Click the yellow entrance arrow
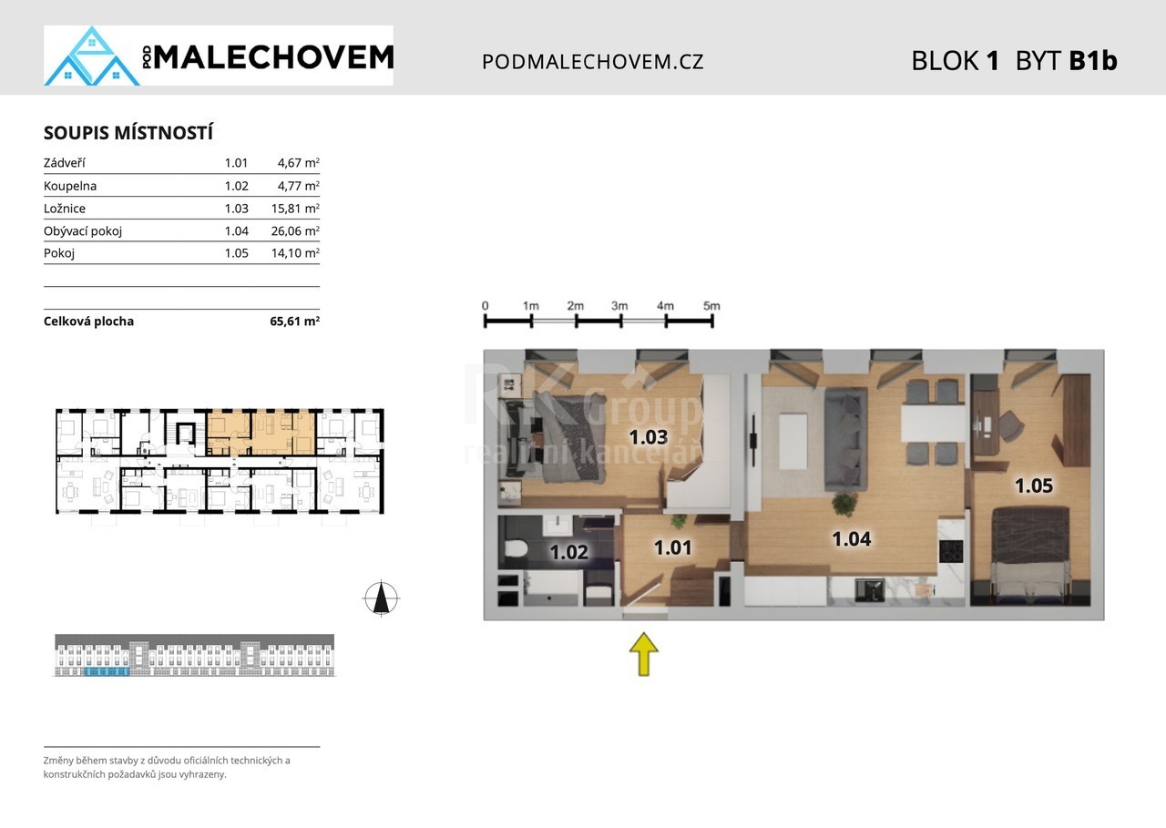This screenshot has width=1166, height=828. tap(644, 654)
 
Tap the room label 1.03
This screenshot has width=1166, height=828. tap(649, 437)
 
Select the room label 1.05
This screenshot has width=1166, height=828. tap(1034, 486)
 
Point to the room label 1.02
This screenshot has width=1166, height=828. tap(569, 552)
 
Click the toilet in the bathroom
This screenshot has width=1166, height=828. tap(516, 547)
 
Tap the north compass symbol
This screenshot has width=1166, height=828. tap(381, 598)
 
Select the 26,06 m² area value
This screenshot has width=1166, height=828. tap(295, 230)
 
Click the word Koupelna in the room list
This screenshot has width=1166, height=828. tap(70, 186)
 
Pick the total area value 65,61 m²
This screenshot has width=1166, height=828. tap(294, 322)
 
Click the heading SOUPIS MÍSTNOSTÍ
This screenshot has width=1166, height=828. tap(128, 133)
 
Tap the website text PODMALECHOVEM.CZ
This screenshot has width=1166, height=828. tap(592, 61)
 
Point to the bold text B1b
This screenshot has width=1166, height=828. tap(1093, 60)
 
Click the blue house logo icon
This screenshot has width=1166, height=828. tap(92, 56)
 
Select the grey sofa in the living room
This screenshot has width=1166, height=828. tap(844, 439)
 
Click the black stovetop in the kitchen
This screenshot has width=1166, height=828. tap(951, 552)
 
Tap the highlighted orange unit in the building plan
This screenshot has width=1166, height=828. tap(261, 433)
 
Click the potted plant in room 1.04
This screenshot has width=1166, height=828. tap(844, 504)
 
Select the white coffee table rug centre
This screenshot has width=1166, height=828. tap(793, 441)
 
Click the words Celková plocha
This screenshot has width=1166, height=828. tap(88, 322)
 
